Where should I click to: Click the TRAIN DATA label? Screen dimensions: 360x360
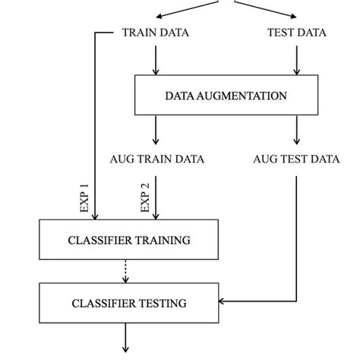click(156, 33)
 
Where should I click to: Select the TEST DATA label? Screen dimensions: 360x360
click(296, 33)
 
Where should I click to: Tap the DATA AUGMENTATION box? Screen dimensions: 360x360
click(226, 96)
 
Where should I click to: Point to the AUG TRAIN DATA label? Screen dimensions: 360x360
click(156, 159)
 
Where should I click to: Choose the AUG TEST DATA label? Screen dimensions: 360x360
click(296, 159)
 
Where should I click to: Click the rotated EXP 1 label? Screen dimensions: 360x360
click(84, 197)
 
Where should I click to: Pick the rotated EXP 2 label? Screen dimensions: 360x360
click(145, 197)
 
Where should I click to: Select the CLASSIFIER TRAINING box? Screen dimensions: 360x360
click(128, 240)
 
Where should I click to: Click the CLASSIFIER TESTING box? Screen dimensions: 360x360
click(128, 303)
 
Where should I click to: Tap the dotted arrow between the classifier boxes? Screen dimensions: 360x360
click(126, 270)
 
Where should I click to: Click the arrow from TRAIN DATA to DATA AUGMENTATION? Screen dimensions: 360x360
click(156, 59)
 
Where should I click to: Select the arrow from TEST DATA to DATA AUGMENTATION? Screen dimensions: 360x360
click(295, 59)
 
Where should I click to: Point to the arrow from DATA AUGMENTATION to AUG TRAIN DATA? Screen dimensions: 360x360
click(156, 131)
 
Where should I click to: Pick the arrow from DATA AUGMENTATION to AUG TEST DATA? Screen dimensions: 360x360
click(295, 131)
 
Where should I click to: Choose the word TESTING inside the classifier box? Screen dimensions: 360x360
click(161, 303)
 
